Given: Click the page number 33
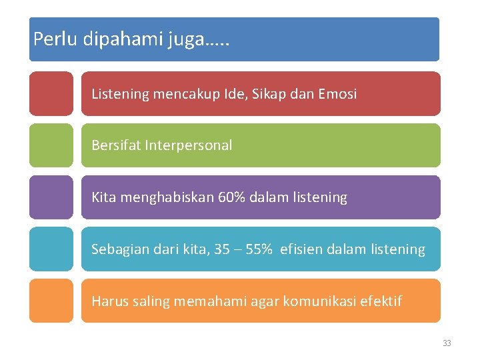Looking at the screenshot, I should [x=447, y=343].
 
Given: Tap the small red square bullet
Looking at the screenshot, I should [x=51, y=94].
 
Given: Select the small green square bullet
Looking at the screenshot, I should [x=51, y=145].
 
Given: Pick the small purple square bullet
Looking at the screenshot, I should [x=51, y=197].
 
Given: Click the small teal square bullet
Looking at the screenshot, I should [x=51, y=249].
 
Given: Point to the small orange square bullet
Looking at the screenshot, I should [x=51, y=301].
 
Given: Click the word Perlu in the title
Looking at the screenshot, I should [x=56, y=39].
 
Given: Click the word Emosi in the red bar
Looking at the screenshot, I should [x=337, y=94].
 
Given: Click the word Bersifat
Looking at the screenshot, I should [x=115, y=145].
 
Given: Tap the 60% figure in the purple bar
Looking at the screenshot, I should [x=231, y=197].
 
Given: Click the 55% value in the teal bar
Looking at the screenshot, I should [x=258, y=249].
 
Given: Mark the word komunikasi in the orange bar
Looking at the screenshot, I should [x=319, y=301].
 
